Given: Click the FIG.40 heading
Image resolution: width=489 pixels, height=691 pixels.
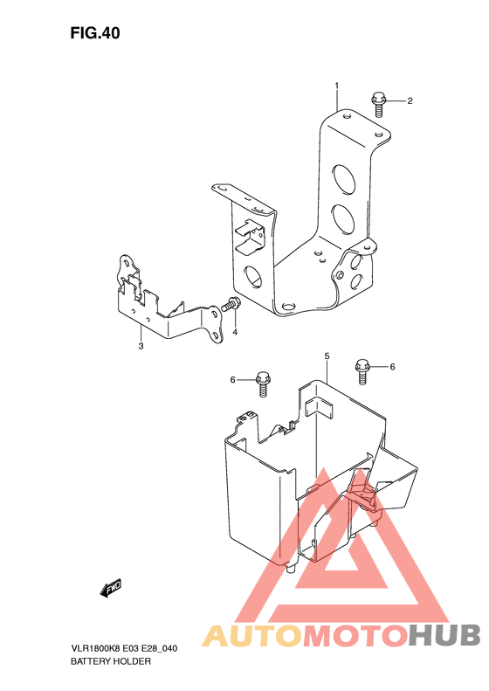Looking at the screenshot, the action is click(94, 33).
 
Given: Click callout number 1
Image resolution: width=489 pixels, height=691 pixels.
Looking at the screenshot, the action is click(337, 85).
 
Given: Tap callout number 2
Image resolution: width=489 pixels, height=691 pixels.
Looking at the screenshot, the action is click(410, 101).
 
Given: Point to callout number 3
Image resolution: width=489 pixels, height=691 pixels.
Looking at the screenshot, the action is click(141, 346).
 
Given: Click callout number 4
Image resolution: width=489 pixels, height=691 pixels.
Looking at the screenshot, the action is click(235, 332).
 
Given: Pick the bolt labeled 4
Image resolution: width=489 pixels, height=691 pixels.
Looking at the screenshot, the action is click(231, 304).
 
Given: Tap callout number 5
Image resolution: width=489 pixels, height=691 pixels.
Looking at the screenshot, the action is click(327, 356).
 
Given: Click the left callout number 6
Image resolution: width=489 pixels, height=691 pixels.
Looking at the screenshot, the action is click(233, 379).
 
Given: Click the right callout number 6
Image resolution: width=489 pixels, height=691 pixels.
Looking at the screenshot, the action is click(392, 367).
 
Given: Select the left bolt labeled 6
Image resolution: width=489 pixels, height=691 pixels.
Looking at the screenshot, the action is click(263, 384).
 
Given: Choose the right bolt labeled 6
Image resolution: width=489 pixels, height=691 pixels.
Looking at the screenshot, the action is click(362, 372).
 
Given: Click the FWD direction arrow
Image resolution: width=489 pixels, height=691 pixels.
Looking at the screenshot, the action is click(111, 587).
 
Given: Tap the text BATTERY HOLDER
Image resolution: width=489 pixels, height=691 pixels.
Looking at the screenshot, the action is click(111, 661).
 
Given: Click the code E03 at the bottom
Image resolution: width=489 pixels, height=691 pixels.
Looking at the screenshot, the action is click(130, 649).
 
